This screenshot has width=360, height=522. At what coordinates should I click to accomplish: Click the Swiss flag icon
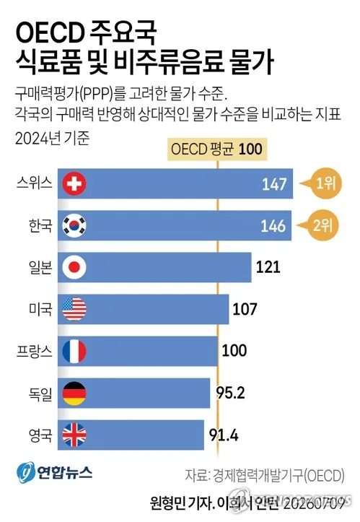coord(74,184)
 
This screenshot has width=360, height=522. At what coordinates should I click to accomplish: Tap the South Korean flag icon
coord(74,225)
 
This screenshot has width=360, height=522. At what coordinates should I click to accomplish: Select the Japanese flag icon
coord(74,267)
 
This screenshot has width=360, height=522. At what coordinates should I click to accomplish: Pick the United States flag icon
coord(74,309)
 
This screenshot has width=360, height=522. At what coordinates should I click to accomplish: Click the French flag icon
coord(74,351)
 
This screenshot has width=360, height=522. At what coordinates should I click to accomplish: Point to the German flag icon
coord(74,393)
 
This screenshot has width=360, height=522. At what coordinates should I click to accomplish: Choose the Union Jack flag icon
coord(74,435)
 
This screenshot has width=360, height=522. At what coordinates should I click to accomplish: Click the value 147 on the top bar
coord(274,184)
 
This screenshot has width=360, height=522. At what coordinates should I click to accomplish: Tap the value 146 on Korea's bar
coord(273,226)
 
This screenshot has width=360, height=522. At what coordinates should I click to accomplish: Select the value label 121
coord(268,267)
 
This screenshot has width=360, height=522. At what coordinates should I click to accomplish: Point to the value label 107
coord(245,309)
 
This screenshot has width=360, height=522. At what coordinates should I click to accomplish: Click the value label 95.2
coord(230,393)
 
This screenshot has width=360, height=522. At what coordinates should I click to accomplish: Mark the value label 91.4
coord(224,435)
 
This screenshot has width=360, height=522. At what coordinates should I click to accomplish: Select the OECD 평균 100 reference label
coord(217,149)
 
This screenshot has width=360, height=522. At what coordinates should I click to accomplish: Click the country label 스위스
coord(35,183)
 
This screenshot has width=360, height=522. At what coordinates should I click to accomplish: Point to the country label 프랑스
coord(35,351)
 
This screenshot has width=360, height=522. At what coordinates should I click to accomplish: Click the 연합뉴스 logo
coord(55,472)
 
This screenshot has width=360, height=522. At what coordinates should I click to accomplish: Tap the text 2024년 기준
coord(52,138)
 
